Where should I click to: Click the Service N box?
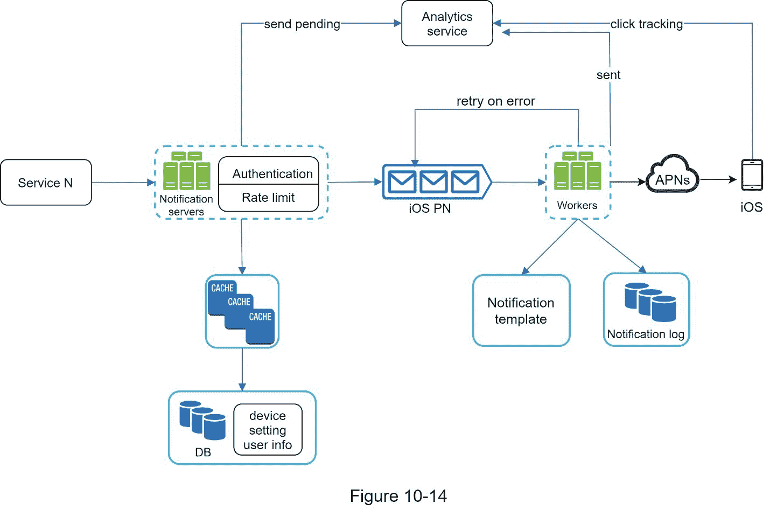point(46,183)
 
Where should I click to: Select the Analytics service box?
point(447,24)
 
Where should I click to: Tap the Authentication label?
point(272,174)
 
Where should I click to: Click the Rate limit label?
point(268,198)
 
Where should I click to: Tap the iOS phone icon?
point(752,175)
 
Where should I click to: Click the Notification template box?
point(521,311)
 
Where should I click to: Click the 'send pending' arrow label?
point(302,24)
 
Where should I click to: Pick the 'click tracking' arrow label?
point(646,24)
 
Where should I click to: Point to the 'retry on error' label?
point(495,101)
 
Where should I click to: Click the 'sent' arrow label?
point(608,75)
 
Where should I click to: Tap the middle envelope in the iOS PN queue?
point(433,182)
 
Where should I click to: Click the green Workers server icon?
point(577,171)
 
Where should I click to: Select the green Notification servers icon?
point(186,171)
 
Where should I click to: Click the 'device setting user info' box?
point(268,430)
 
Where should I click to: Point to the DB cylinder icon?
point(202,420)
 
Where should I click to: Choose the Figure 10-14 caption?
point(398,496)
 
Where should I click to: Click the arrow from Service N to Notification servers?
point(123,183)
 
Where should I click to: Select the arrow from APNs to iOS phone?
point(718,179)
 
